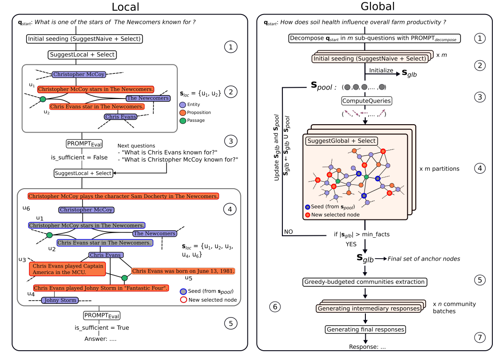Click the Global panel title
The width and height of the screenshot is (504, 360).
377,7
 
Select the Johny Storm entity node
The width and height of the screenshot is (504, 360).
59,300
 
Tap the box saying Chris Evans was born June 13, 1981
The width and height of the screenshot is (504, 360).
182,271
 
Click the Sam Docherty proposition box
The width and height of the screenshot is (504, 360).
123,196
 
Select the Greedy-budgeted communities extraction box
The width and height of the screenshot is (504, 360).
364,282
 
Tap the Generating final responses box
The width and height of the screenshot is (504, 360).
365,330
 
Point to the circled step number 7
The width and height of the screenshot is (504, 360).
479,337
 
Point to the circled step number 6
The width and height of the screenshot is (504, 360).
276,307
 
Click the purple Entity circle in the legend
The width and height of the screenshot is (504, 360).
182,105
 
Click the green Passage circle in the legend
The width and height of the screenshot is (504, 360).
182,120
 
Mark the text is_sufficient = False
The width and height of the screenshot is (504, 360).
79,157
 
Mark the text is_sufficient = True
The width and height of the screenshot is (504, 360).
102,328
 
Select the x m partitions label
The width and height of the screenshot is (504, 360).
439,169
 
